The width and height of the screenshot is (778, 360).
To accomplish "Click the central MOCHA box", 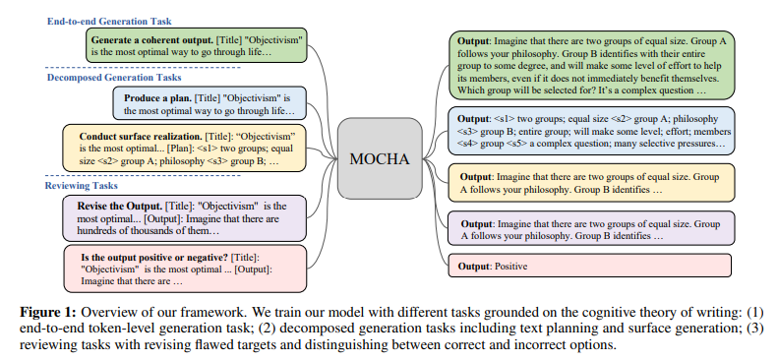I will coord(379,157).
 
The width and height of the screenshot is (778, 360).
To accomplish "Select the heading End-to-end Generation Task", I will coord(110,20).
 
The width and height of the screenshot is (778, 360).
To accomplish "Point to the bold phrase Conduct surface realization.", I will coord(130,136).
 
